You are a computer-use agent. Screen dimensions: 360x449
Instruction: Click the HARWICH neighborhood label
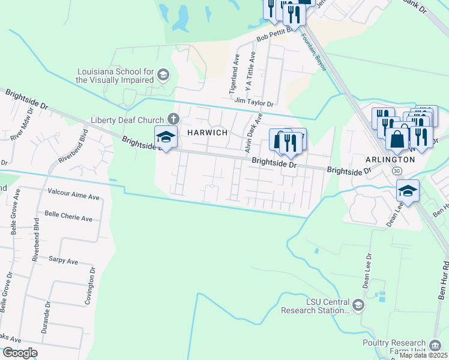[207, 133]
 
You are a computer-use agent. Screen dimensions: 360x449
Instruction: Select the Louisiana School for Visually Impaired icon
[163, 75]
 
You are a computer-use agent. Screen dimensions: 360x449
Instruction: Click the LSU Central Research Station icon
[358, 306]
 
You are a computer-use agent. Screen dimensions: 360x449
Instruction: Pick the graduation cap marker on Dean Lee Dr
[408, 191]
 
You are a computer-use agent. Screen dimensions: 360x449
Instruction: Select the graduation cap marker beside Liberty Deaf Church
[166, 137]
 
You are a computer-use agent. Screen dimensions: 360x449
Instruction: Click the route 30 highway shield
[397, 171]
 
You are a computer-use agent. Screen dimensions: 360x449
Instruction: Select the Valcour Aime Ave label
[73, 196]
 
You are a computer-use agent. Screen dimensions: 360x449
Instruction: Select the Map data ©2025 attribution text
[423, 355]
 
